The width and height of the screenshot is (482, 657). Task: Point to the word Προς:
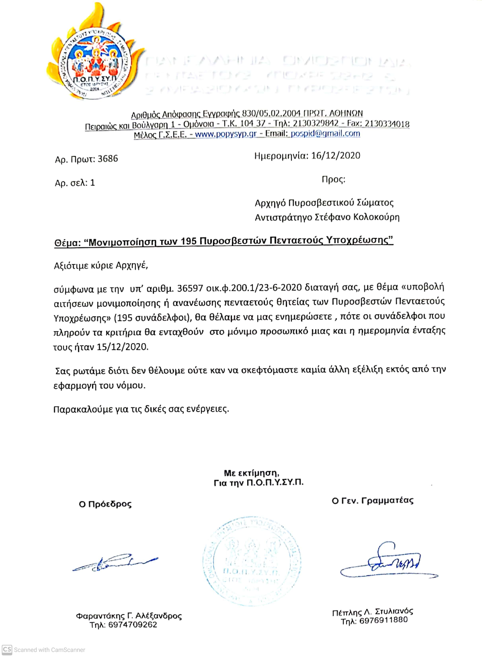pyautogui.click(x=333, y=179)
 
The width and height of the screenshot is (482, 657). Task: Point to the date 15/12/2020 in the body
pyautogui.click(x=122, y=347)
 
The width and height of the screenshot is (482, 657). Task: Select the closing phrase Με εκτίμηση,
pyautogui.click(x=252, y=473)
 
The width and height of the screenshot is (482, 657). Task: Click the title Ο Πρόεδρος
pyautogui.click(x=105, y=504)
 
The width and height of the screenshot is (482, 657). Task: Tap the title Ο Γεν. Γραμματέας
pyautogui.click(x=373, y=501)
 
